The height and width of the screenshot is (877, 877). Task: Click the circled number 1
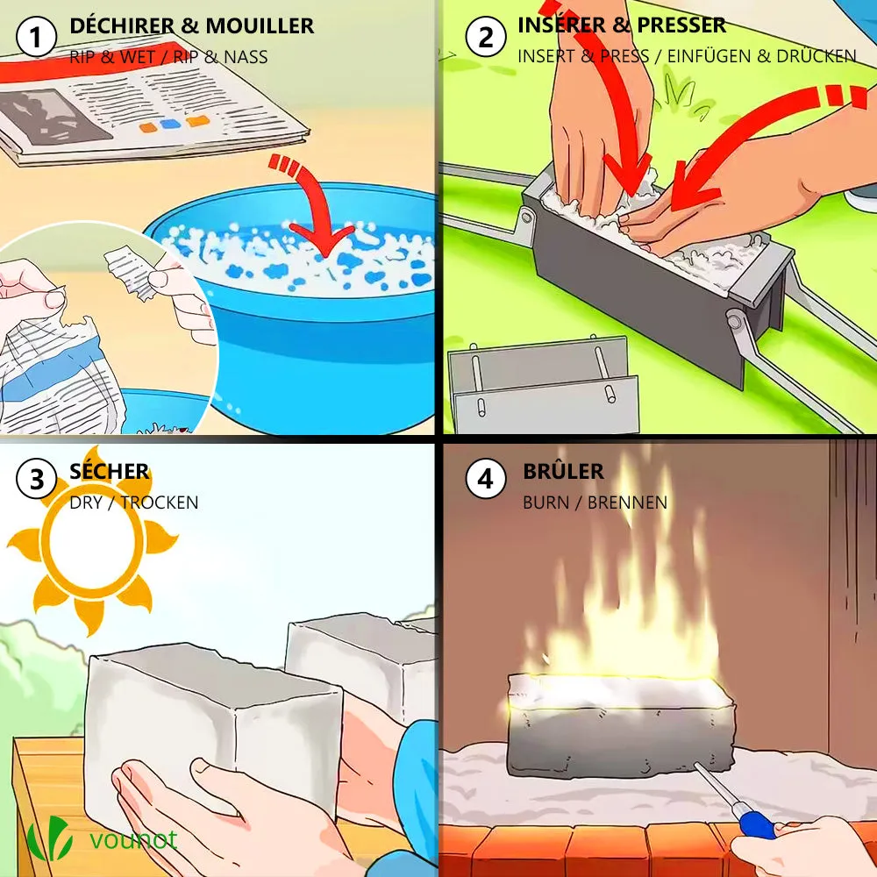pos(36,37)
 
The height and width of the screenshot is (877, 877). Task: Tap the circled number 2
pos(486,37)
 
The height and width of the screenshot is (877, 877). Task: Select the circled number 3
pos(36,479)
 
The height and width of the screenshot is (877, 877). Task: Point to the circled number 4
pos(486,479)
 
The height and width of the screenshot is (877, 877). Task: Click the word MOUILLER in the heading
pos(260,25)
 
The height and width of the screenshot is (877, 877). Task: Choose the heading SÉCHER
pos(109,471)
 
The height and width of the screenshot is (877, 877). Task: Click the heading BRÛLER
pos(563,471)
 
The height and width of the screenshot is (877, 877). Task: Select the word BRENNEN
pos(627,503)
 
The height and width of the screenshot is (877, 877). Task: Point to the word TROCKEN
pos(160,503)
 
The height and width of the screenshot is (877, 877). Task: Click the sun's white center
pos(92,541)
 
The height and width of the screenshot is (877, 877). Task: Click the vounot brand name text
pos(133,839)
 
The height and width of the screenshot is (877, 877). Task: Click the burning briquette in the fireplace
pos(621,725)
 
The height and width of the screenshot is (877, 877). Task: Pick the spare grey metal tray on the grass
pos(544,386)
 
